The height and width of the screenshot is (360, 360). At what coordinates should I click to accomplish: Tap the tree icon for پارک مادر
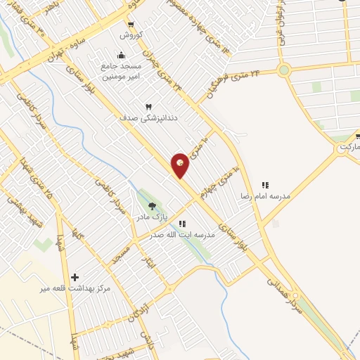[152, 206]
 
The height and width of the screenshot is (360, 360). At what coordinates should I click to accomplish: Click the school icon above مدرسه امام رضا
[265, 184]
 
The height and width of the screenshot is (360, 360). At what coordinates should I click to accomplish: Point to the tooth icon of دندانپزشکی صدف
[148, 107]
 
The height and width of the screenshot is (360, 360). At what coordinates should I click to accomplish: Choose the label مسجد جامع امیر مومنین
[121, 70]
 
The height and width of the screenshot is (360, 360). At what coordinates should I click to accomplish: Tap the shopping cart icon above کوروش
[131, 25]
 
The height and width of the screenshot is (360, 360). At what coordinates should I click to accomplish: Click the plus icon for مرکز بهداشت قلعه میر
[75, 277]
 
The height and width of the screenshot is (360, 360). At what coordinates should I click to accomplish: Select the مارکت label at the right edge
[347, 148]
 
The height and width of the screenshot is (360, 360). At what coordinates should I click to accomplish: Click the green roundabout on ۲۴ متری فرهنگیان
[284, 70]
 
